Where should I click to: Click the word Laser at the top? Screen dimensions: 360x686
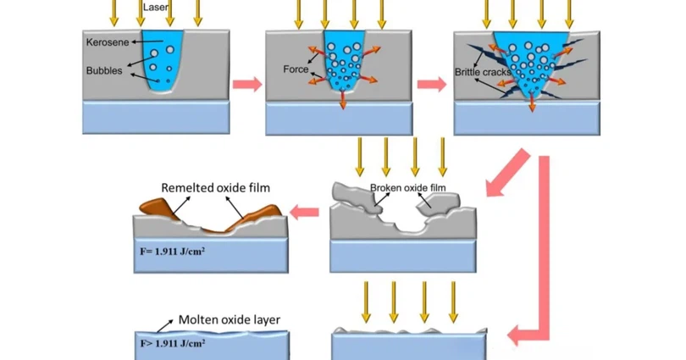click(156, 7)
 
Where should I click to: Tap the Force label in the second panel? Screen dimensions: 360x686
click(296, 69)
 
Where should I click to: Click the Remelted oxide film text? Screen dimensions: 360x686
click(215, 188)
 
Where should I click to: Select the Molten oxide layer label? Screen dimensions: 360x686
click(229, 320)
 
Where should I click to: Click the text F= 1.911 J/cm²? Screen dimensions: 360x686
click(173, 253)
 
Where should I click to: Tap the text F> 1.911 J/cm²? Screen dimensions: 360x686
click(173, 344)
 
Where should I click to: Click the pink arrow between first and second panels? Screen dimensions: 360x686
click(246, 84)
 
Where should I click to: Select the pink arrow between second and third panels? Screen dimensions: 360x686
click(432, 84)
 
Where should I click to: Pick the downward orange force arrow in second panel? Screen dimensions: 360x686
click(342, 100)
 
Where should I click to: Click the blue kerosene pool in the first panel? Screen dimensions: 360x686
click(161, 59)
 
